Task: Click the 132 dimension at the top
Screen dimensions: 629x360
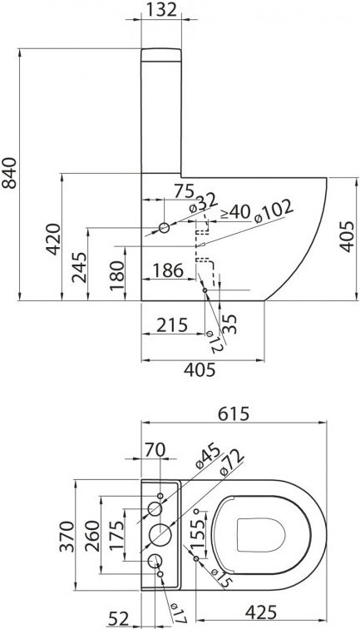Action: [x=161, y=11]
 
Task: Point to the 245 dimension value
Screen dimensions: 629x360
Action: [x=79, y=267]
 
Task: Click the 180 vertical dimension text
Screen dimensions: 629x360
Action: [x=117, y=272]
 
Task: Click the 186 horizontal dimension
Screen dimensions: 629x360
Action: [x=168, y=270]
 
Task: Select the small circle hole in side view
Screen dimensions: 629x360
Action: [x=164, y=227]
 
